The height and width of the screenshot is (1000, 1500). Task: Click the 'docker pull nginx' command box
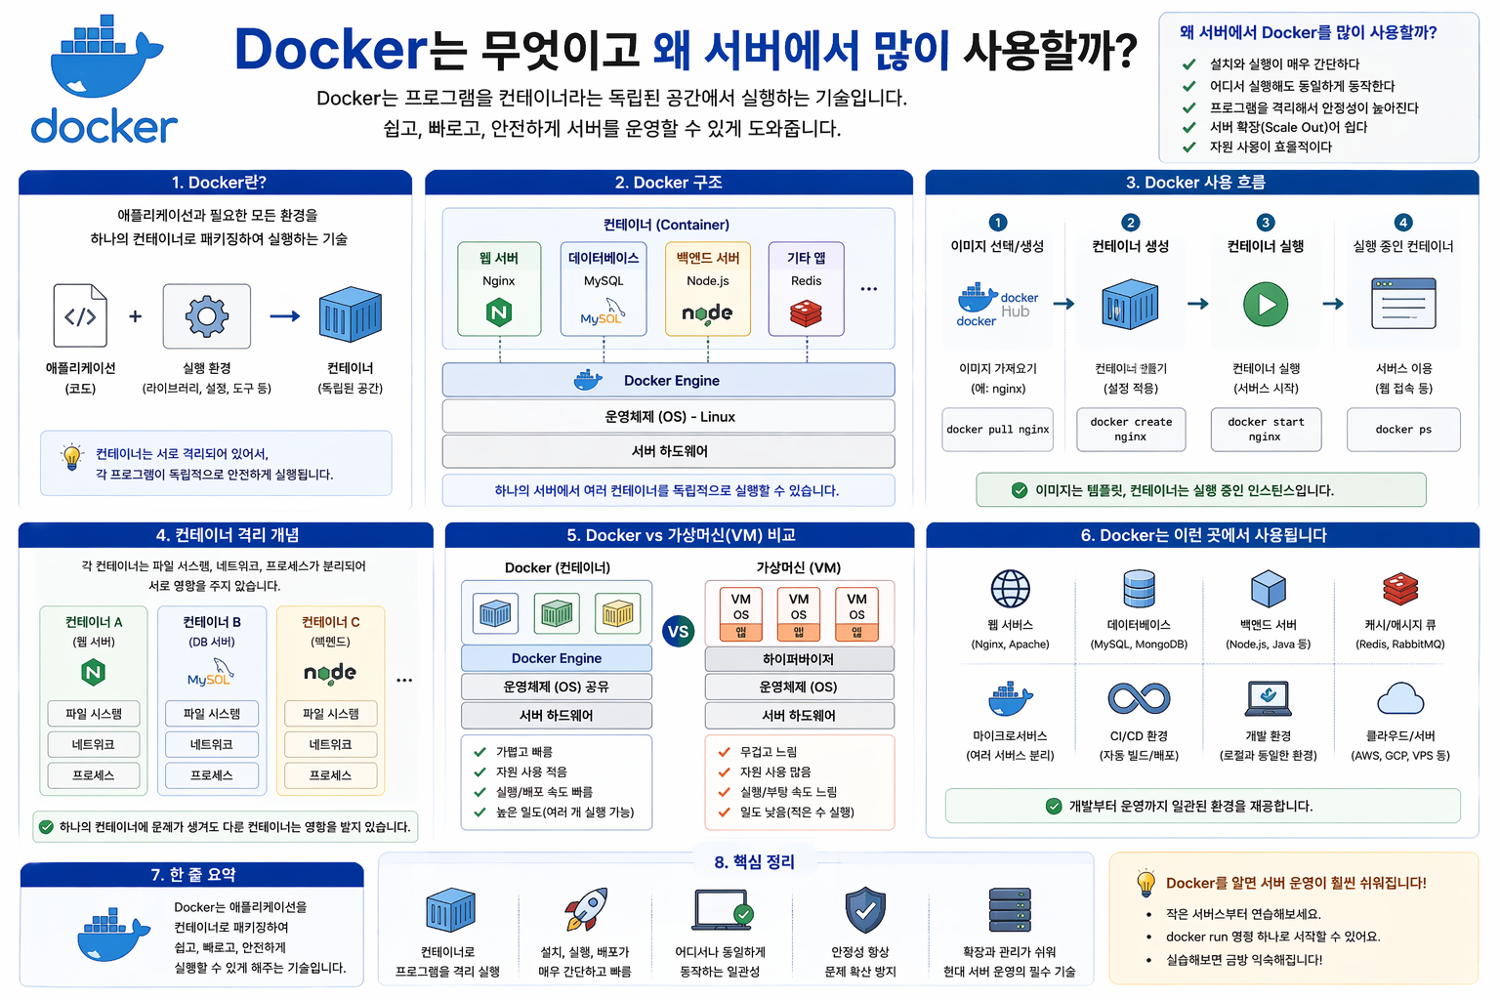[997, 430]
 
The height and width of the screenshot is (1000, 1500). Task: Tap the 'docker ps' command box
[1403, 430]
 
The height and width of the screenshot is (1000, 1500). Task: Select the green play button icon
[1266, 305]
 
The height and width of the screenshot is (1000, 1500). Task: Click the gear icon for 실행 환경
[207, 316]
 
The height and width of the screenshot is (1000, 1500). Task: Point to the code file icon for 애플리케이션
[80, 316]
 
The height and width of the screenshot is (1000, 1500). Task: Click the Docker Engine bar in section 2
[668, 381]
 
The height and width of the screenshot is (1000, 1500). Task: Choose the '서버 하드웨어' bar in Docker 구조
[668, 451]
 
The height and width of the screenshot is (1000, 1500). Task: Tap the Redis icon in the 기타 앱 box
[806, 312]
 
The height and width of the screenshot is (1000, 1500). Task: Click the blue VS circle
[678, 632]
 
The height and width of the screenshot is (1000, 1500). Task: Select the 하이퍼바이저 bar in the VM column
[799, 659]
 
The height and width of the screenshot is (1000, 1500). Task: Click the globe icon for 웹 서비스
[1010, 589]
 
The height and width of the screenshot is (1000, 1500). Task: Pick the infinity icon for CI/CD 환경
[1139, 698]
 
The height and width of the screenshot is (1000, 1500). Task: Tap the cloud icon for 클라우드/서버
[1399, 698]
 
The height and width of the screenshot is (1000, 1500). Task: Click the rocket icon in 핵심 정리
[586, 909]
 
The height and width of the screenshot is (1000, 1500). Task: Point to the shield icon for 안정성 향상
[864, 910]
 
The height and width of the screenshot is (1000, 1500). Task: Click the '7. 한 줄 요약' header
[192, 875]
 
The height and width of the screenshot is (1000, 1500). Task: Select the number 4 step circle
[1402, 223]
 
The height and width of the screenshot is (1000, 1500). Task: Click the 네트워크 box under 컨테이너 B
[212, 744]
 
